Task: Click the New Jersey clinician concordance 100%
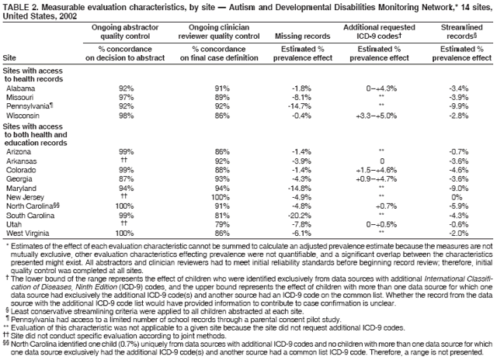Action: [x=222, y=196]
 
